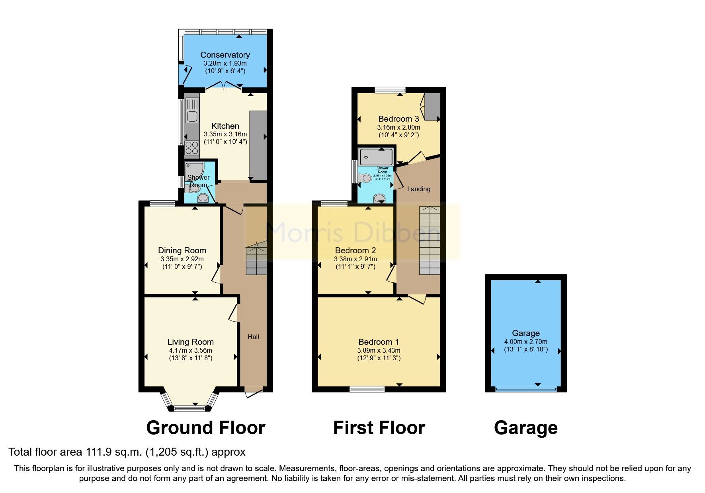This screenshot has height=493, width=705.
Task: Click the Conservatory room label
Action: tap(225, 55)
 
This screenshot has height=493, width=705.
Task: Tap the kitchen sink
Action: tap(192, 116)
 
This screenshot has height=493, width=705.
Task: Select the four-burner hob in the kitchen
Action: tap(191, 148)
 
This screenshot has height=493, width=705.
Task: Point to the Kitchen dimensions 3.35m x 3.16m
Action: tap(225, 134)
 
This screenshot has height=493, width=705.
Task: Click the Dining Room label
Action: tap(182, 250)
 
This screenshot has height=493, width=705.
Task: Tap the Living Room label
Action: tap(190, 342)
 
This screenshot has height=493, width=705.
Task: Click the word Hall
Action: tap(253, 337)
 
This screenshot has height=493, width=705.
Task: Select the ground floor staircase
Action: tap(256, 260)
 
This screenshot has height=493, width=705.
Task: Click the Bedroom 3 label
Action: tap(398, 119)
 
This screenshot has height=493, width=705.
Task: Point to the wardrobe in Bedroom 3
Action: tap(432, 107)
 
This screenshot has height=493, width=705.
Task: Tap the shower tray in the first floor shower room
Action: tap(376, 157)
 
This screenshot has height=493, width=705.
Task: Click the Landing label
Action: tap(418, 189)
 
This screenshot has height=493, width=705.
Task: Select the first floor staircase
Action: tap(430, 241)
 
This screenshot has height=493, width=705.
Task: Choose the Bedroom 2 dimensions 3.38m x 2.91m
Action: tap(355, 259)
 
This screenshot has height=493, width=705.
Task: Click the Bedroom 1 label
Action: tap(379, 342)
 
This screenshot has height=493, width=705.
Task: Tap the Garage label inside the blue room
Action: tap(525, 333)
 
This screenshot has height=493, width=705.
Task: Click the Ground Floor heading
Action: tap(205, 428)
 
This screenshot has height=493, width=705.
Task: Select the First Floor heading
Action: tap(379, 428)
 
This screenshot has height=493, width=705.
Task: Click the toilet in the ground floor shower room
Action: tap(194, 188)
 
